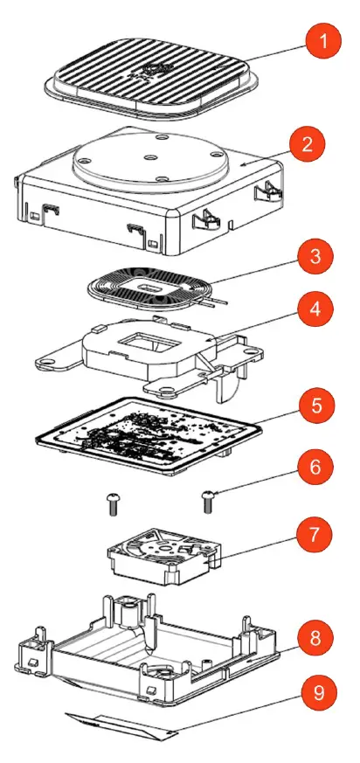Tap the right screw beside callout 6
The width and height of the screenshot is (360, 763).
click(208, 502)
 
